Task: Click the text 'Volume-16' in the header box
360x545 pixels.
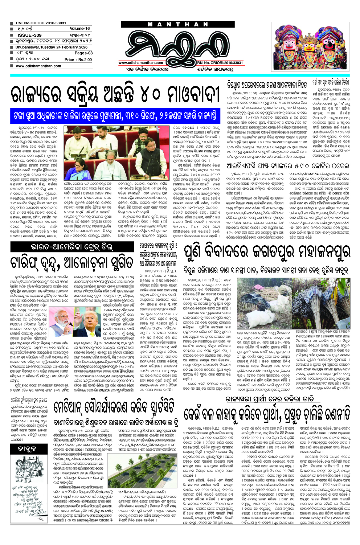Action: point(79,28)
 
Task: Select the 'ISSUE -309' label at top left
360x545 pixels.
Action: point(29,35)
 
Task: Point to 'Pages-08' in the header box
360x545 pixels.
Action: point(83,53)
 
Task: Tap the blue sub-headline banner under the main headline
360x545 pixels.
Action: point(116,116)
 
